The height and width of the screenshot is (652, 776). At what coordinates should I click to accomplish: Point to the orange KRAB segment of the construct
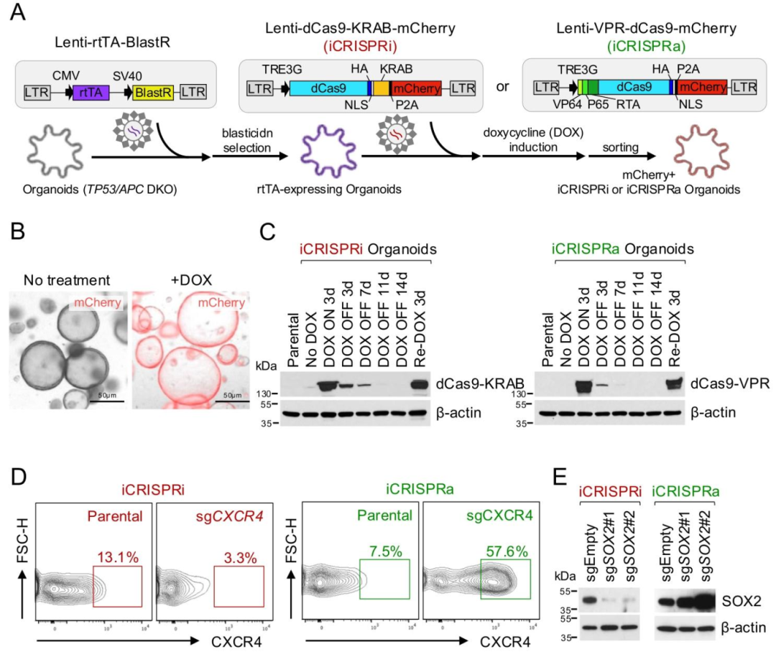click(381, 88)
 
